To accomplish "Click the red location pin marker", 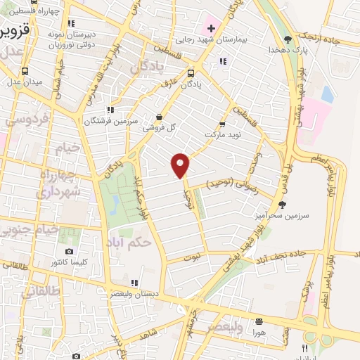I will click(x=181, y=165).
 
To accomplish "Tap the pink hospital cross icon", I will click(x=210, y=29).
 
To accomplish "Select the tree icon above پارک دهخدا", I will click(x=288, y=39).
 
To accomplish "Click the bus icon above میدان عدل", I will click(x=26, y=70).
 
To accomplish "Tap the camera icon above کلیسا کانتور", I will click(x=69, y=251).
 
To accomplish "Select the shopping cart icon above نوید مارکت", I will click(x=222, y=123).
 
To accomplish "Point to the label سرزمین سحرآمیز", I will click(x=287, y=217).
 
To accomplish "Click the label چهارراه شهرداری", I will click(x=60, y=181).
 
